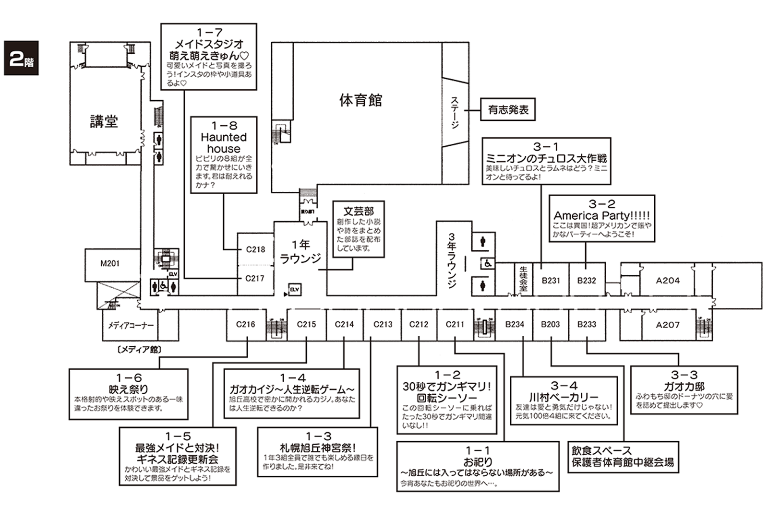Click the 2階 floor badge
click(21, 58)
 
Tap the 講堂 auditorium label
click(104, 121)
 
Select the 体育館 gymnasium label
click(360, 100)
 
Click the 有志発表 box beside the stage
click(508, 110)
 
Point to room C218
click(255, 249)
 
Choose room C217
click(255, 278)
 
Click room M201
click(110, 263)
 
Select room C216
click(245, 324)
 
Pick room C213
click(383, 324)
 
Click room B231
click(551, 281)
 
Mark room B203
click(550, 324)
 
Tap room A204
click(668, 281)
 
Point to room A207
click(668, 325)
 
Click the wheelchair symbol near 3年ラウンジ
click(488, 263)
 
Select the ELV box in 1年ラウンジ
click(294, 289)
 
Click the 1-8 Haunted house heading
click(224, 137)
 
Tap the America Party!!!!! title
click(601, 216)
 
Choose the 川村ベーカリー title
click(564, 398)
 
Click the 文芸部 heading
click(359, 211)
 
